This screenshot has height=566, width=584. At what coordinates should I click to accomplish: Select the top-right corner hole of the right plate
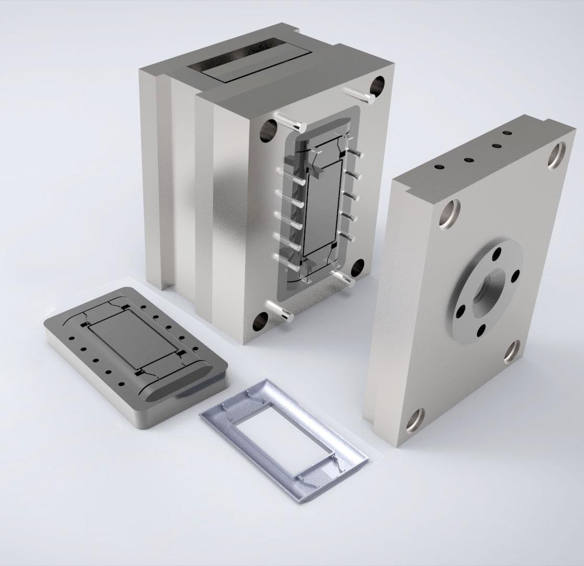coord(557,155)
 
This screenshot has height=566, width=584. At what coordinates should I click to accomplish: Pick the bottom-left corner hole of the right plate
coord(414,419)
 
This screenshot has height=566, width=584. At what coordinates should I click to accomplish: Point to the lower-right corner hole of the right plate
coord(512,351)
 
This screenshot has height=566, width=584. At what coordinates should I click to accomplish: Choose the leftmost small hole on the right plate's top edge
coord(439,167)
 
